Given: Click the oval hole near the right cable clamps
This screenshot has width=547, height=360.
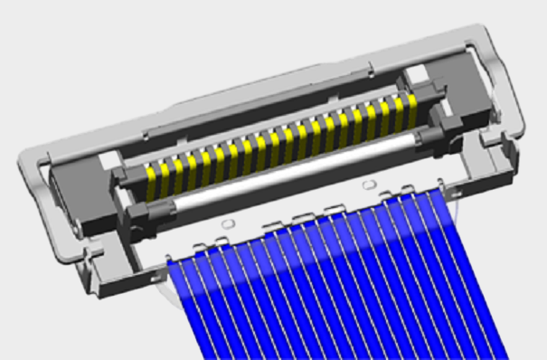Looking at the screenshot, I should (367, 185).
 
